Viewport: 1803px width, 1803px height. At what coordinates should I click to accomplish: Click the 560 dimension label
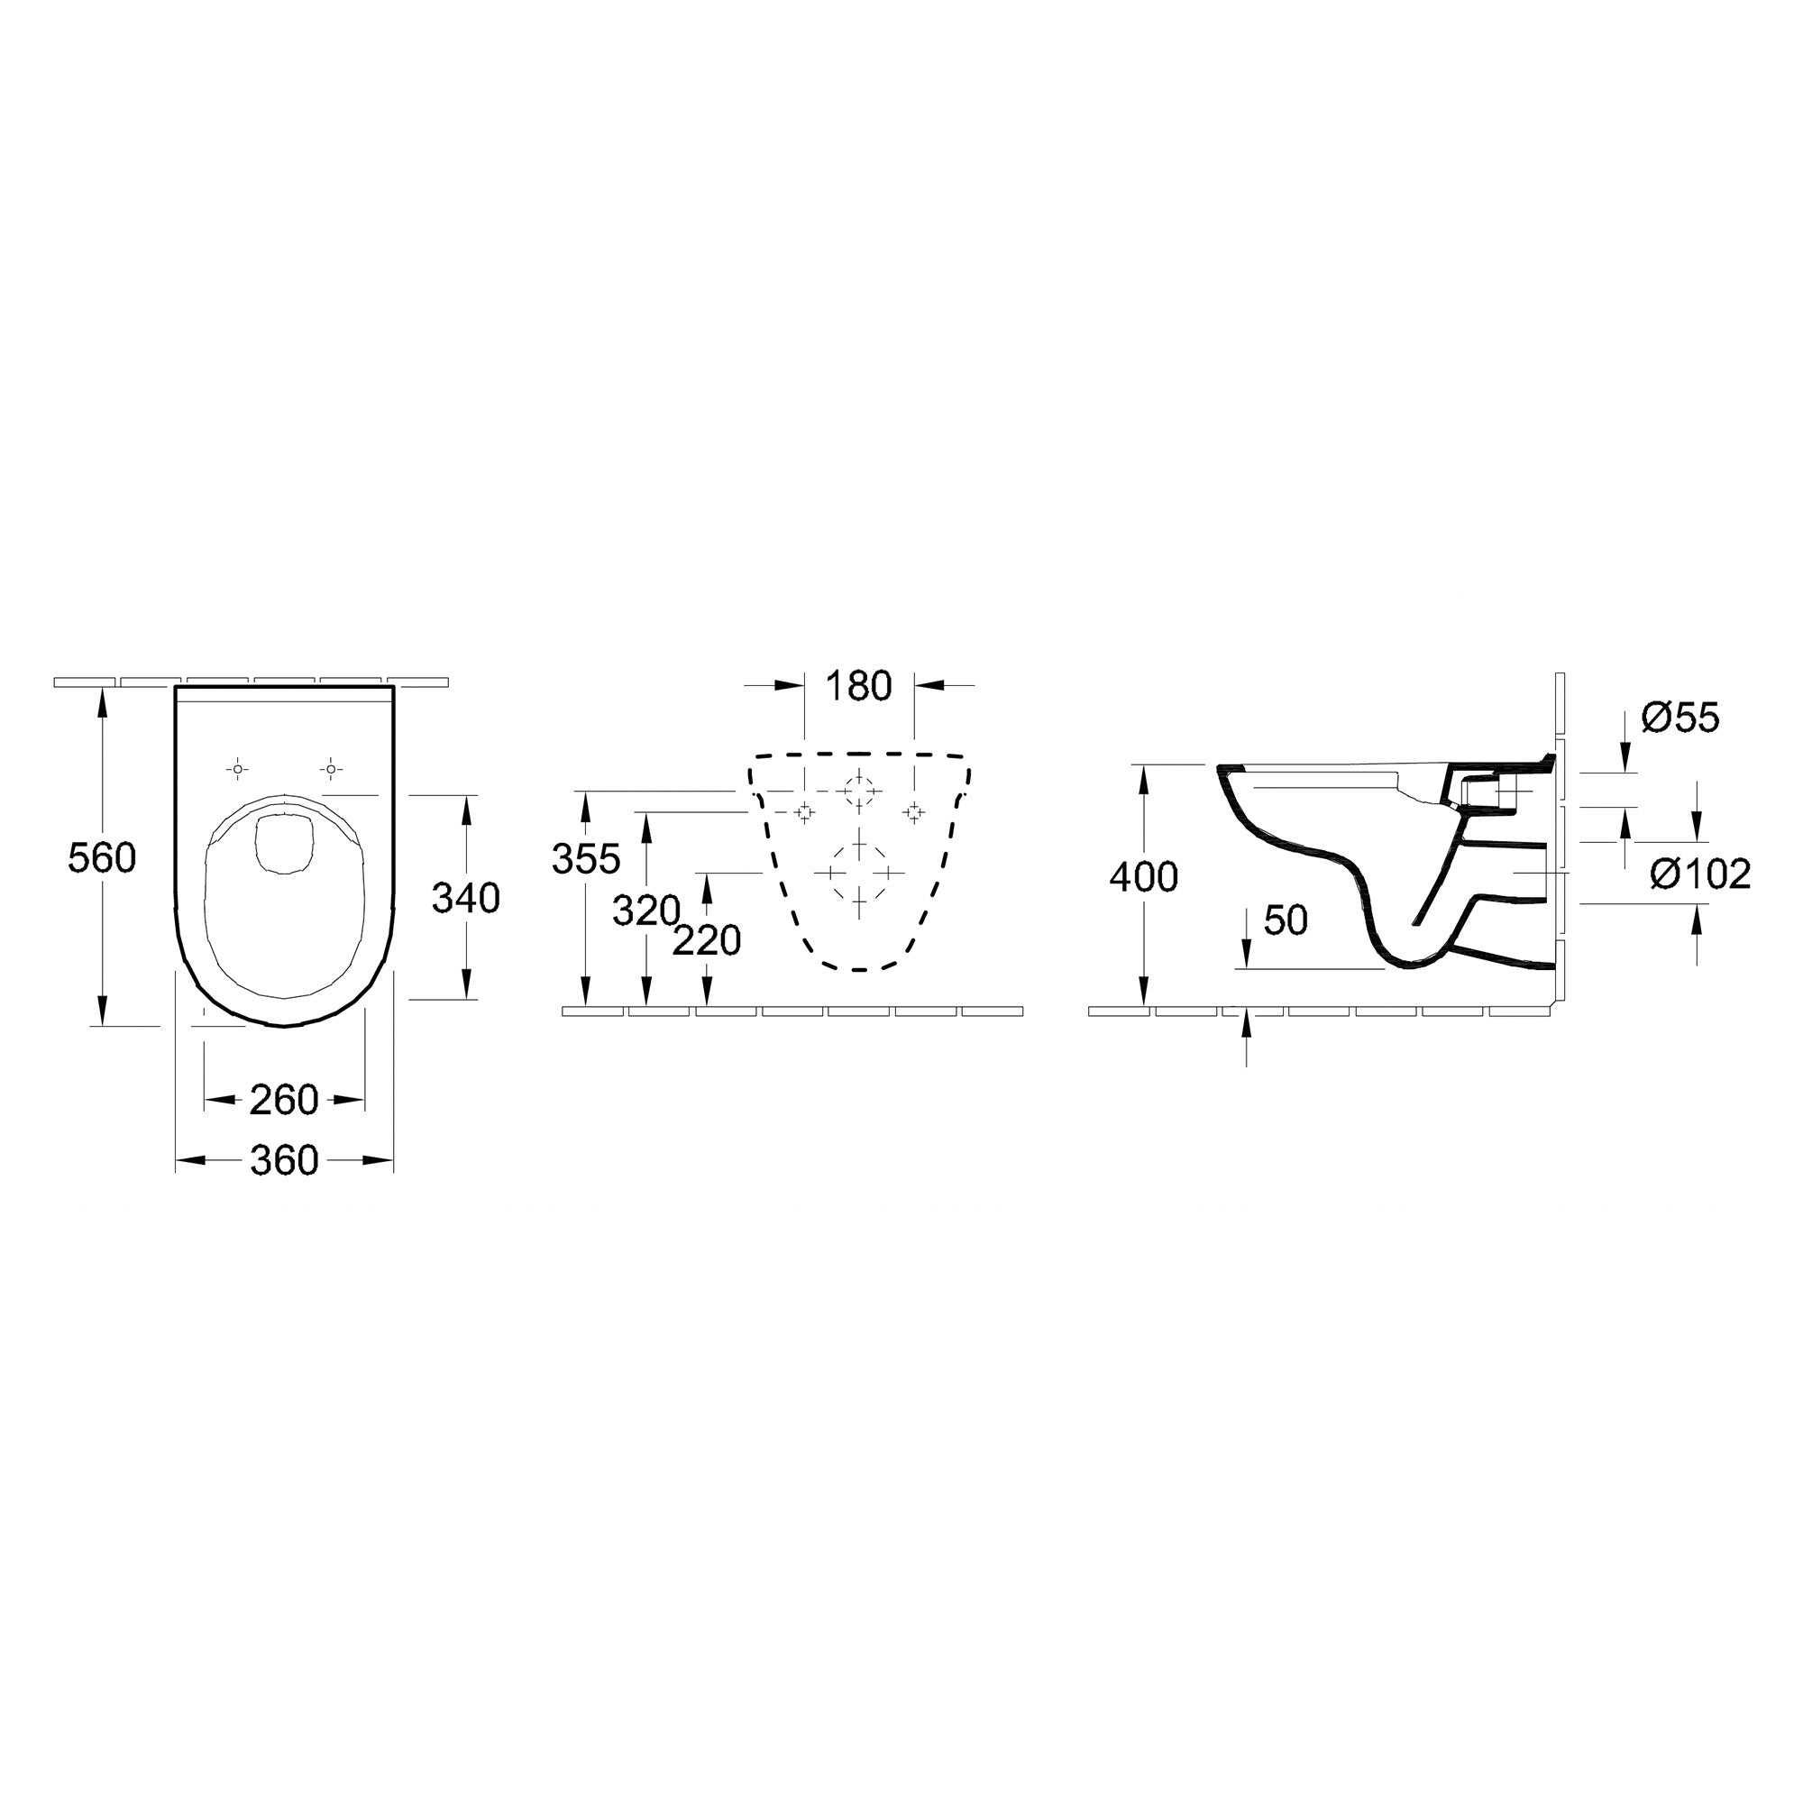click(102, 857)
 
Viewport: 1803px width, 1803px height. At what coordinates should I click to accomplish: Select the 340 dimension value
click(466, 898)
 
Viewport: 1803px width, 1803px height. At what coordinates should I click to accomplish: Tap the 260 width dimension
click(284, 1100)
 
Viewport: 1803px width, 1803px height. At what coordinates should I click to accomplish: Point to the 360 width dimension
click(284, 1161)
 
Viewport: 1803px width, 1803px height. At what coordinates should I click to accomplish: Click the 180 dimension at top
click(858, 687)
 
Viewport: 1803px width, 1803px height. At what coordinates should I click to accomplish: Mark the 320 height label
click(645, 911)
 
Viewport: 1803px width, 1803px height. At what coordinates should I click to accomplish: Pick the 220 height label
click(707, 940)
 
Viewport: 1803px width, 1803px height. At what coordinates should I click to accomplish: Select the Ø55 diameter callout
click(1679, 718)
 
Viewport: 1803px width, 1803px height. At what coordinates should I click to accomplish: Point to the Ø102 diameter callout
click(1699, 874)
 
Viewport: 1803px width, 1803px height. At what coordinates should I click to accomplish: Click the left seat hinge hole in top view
click(238, 769)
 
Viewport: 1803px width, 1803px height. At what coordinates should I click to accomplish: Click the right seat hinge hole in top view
click(329, 769)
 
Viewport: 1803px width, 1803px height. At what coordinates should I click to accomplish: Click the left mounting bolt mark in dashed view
click(804, 812)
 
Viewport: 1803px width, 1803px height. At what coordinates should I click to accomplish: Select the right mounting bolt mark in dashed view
click(913, 812)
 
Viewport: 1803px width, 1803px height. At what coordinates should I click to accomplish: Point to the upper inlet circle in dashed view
click(858, 792)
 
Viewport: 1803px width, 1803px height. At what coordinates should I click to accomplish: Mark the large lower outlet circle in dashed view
click(859, 873)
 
